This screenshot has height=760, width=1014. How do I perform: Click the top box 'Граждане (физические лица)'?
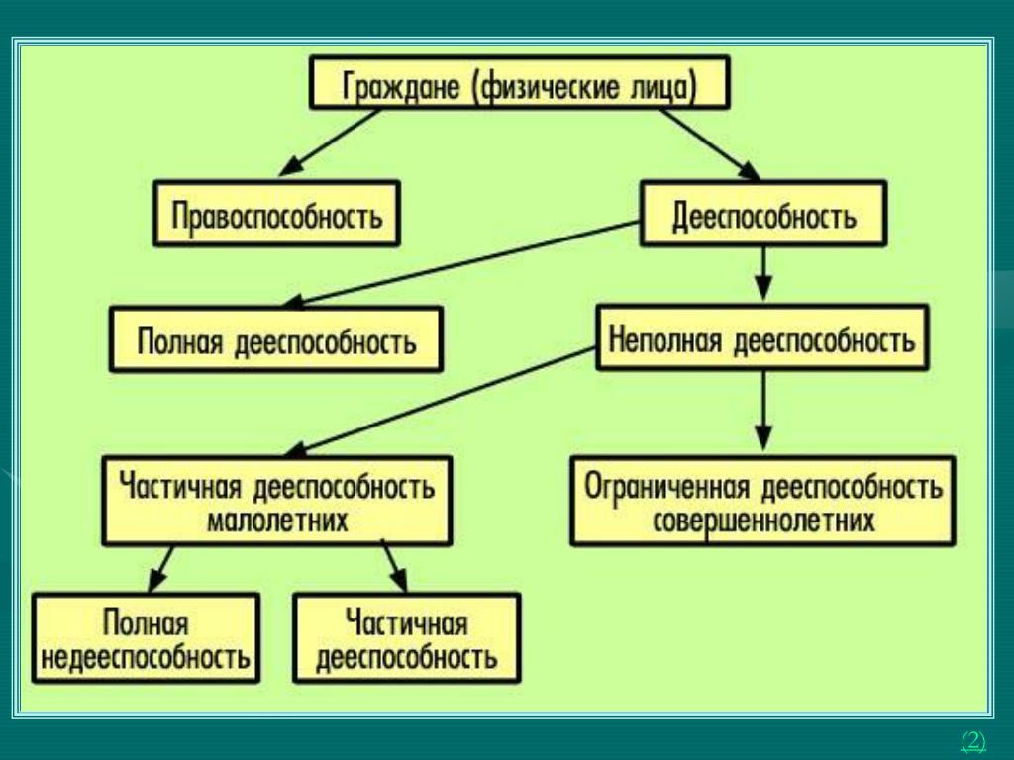click(x=521, y=83)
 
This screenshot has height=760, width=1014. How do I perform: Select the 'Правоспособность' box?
click(x=276, y=213)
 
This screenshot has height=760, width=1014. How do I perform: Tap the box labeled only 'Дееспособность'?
click(x=763, y=213)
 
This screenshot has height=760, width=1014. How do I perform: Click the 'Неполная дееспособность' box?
click(x=761, y=338)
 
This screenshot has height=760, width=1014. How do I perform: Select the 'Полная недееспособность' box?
click(x=146, y=637)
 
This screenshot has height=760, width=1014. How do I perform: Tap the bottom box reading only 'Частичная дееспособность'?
click(x=406, y=637)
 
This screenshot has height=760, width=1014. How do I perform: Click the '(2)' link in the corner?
click(x=973, y=740)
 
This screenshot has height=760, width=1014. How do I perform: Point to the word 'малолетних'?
click(x=276, y=520)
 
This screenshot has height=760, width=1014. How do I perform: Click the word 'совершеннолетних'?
click(x=763, y=520)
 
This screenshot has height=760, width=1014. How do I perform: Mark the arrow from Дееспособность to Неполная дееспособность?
click(x=762, y=272)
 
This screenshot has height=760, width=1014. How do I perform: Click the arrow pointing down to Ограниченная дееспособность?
click(x=762, y=411)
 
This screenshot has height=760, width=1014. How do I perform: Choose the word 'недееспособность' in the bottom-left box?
click(x=146, y=655)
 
